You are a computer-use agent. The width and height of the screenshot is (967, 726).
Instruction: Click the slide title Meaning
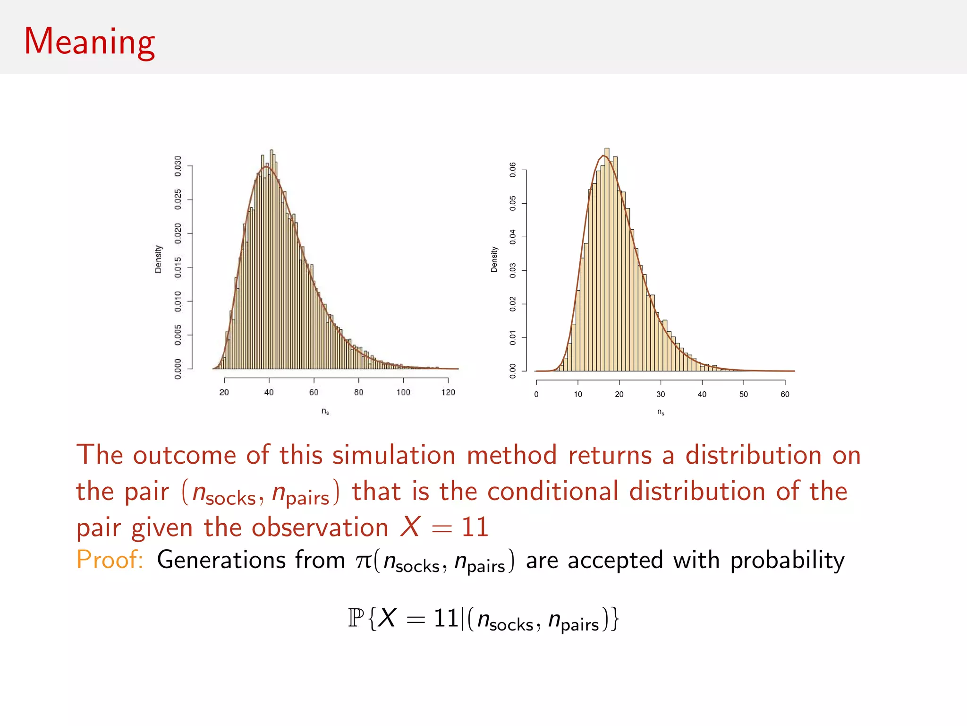(89, 42)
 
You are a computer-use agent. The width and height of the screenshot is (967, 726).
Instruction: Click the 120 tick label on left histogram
(448, 392)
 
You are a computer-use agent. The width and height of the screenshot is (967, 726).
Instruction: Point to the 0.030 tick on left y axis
(178, 166)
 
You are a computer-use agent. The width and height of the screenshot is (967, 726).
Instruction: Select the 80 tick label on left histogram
(359, 392)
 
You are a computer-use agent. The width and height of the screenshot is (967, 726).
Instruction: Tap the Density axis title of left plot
(158, 259)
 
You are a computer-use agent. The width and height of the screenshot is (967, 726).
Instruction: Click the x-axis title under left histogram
(325, 411)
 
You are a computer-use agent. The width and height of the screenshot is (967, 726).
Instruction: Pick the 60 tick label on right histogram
(785, 394)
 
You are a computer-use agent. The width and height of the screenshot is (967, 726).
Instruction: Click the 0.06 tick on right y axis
(513, 170)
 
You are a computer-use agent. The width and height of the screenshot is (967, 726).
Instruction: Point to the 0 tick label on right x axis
(536, 394)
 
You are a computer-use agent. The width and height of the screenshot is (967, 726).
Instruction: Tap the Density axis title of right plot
(494, 259)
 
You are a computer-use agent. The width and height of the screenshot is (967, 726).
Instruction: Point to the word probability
(787, 561)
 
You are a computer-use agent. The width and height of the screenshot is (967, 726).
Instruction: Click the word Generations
(221, 560)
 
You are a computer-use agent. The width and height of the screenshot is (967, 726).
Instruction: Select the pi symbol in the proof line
(364, 561)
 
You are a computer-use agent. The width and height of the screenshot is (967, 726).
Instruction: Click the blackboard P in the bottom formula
(356, 618)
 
